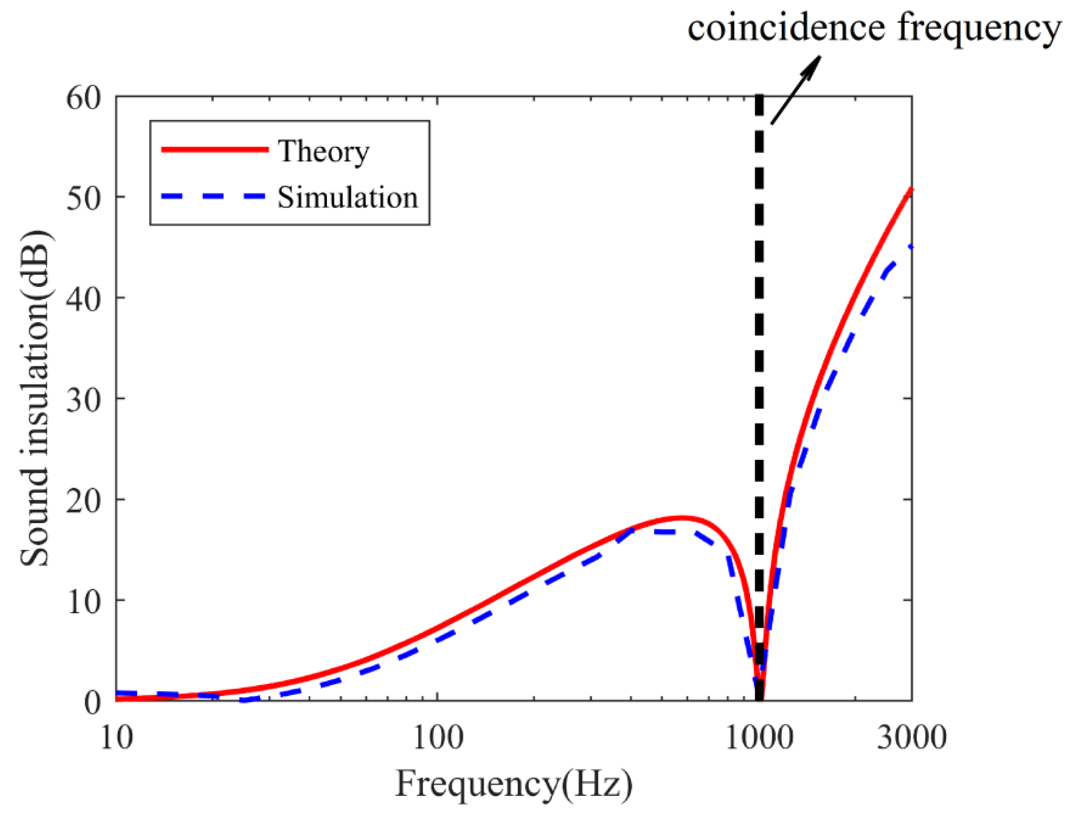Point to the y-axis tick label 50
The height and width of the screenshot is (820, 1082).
[84, 199]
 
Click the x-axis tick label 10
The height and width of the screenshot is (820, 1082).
[116, 737]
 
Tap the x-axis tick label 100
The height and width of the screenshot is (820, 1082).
[437, 737]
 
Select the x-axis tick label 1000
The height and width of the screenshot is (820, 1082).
[759, 737]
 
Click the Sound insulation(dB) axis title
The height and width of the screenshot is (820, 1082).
[35, 399]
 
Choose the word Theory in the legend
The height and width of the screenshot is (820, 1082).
[323, 151]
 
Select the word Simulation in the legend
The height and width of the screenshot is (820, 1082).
[348, 197]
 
